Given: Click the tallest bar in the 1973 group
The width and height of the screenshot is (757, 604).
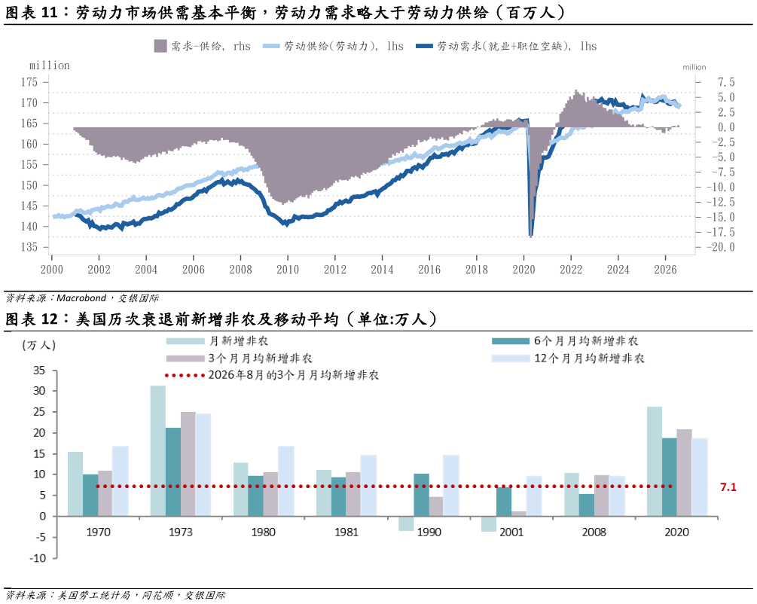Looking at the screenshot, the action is [x=158, y=451].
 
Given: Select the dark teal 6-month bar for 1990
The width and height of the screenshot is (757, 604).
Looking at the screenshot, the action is [x=422, y=495].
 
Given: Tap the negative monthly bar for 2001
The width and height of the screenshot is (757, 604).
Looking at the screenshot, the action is [x=489, y=524].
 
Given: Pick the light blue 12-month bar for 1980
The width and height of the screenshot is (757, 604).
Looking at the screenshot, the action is [x=285, y=481].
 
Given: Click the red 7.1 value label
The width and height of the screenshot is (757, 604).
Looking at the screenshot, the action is [x=728, y=487].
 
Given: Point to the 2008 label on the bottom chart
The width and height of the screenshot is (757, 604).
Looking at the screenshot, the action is [x=594, y=532].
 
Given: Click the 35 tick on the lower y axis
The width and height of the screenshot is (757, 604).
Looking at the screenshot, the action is [x=39, y=371].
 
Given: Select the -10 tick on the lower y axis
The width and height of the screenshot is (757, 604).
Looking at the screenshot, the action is [x=38, y=558].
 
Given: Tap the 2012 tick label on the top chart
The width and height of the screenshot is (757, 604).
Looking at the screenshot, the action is [x=335, y=270].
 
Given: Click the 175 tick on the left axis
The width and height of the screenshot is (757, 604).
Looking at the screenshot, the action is [x=29, y=82].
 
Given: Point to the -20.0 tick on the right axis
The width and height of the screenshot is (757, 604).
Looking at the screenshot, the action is [x=722, y=247].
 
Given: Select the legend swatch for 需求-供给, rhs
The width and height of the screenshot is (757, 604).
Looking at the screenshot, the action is [x=160, y=46].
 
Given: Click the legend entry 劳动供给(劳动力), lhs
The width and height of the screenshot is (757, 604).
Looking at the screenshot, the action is [x=333, y=46].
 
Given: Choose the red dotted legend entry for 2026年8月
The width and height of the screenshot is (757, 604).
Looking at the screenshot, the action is [x=272, y=375].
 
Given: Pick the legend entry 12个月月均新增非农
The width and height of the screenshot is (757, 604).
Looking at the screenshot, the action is [x=568, y=358].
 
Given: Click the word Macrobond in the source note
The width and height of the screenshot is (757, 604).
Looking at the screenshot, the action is [x=81, y=298].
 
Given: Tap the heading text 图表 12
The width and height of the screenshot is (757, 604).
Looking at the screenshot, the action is [x=32, y=319].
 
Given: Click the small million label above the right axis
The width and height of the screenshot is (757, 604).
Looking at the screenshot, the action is [x=694, y=67].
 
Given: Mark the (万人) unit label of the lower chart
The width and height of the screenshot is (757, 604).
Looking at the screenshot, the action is [x=38, y=345].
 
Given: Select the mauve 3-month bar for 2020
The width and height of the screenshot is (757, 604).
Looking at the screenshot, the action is [x=684, y=473].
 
